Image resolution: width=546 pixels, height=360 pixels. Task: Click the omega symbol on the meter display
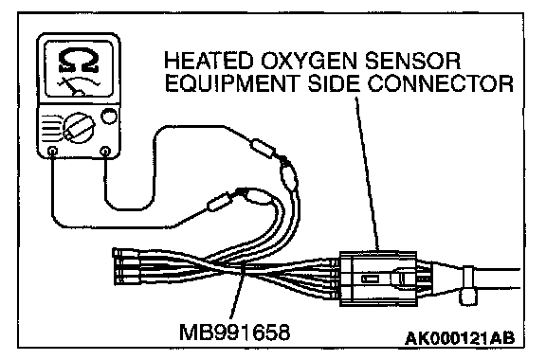pos(79,61)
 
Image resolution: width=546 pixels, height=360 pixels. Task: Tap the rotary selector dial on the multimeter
pos(79,128)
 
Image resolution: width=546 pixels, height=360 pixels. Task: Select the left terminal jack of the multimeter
pos(52,151)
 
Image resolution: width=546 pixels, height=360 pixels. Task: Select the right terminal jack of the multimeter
pos(105,151)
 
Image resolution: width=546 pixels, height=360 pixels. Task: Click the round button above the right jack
pos(109,117)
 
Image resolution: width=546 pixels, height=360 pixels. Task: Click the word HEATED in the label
pos(209,61)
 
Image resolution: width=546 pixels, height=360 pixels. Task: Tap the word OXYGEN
pos(309,62)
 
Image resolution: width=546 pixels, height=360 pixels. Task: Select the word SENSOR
pos(413,61)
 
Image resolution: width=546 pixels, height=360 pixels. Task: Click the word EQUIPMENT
pos(232,83)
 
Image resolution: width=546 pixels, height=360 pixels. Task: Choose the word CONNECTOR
pos(441,83)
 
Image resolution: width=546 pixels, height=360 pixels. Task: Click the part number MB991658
pos(234,332)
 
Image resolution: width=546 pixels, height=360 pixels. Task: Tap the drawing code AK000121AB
pos(460,337)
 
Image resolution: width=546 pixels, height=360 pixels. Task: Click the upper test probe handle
pos(264,149)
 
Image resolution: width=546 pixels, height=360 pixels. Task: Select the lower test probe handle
pos(219,202)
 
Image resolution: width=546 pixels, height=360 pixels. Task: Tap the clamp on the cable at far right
pos(467,285)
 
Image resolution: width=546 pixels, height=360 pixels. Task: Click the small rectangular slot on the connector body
pos(370,279)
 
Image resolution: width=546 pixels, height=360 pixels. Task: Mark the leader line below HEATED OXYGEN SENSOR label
pos(367,173)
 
